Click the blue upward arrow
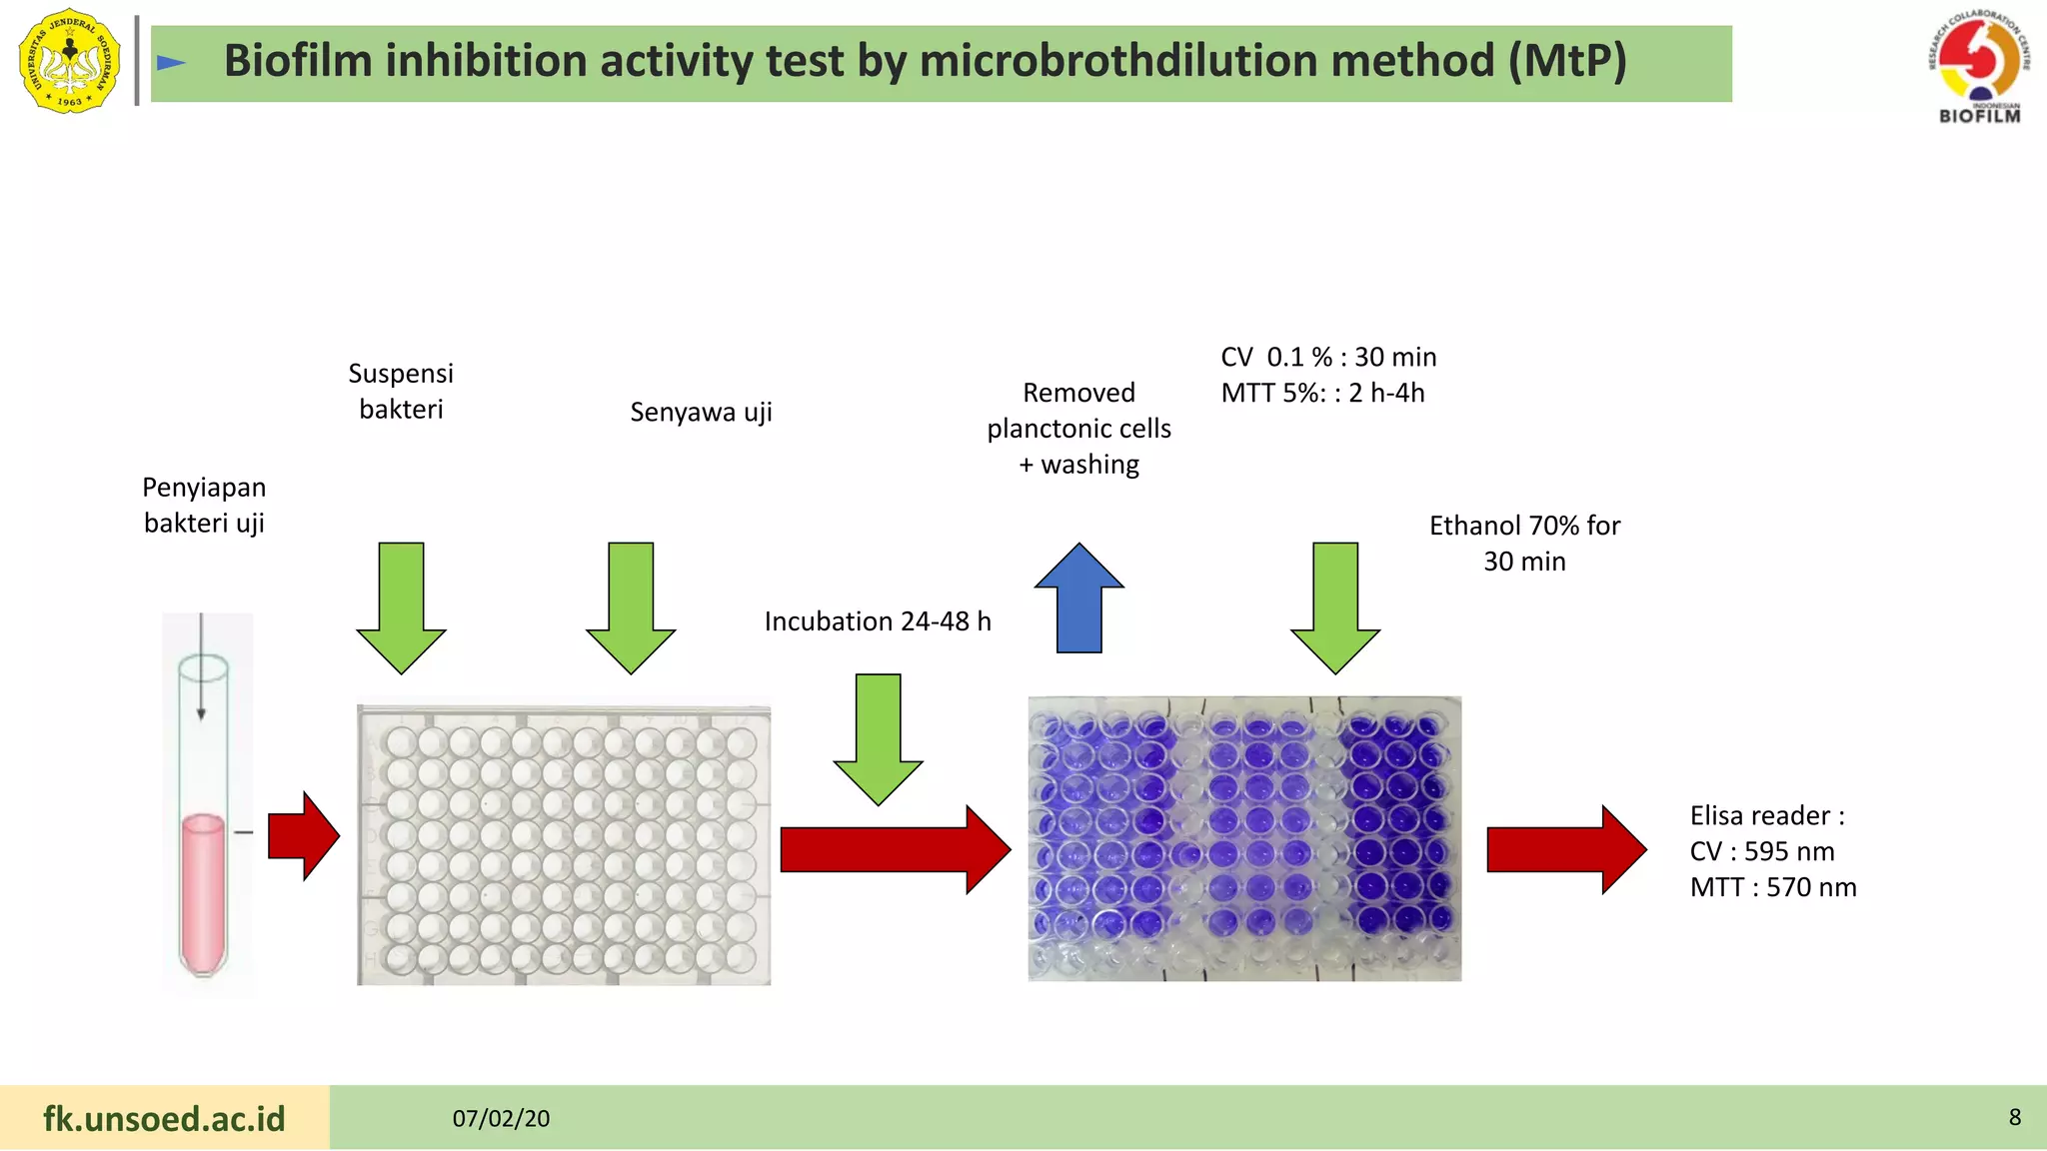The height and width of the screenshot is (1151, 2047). [1078, 599]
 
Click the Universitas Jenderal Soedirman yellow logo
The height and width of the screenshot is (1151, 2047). [69, 61]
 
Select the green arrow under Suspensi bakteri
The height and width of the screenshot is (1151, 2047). [401, 609]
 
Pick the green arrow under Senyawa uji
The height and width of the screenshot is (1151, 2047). [631, 609]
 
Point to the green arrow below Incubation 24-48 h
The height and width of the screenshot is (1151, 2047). [878, 739]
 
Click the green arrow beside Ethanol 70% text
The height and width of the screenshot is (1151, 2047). [1335, 609]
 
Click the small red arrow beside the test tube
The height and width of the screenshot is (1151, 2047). [304, 836]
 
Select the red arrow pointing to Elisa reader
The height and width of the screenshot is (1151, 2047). [1565, 849]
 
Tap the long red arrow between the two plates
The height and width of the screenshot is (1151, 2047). [895, 850]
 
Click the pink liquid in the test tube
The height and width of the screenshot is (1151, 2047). [203, 889]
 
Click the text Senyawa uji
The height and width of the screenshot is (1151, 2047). [701, 412]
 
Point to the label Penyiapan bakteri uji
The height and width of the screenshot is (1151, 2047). [204, 505]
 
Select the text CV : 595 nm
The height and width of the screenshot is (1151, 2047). [1762, 851]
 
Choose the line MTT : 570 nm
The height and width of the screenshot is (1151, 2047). [1773, 887]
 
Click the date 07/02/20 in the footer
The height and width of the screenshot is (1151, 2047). [501, 1118]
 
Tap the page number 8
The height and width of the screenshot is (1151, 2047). [2014, 1117]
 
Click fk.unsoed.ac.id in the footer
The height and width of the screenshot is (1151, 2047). [164, 1118]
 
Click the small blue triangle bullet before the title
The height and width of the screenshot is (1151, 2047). [171, 63]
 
